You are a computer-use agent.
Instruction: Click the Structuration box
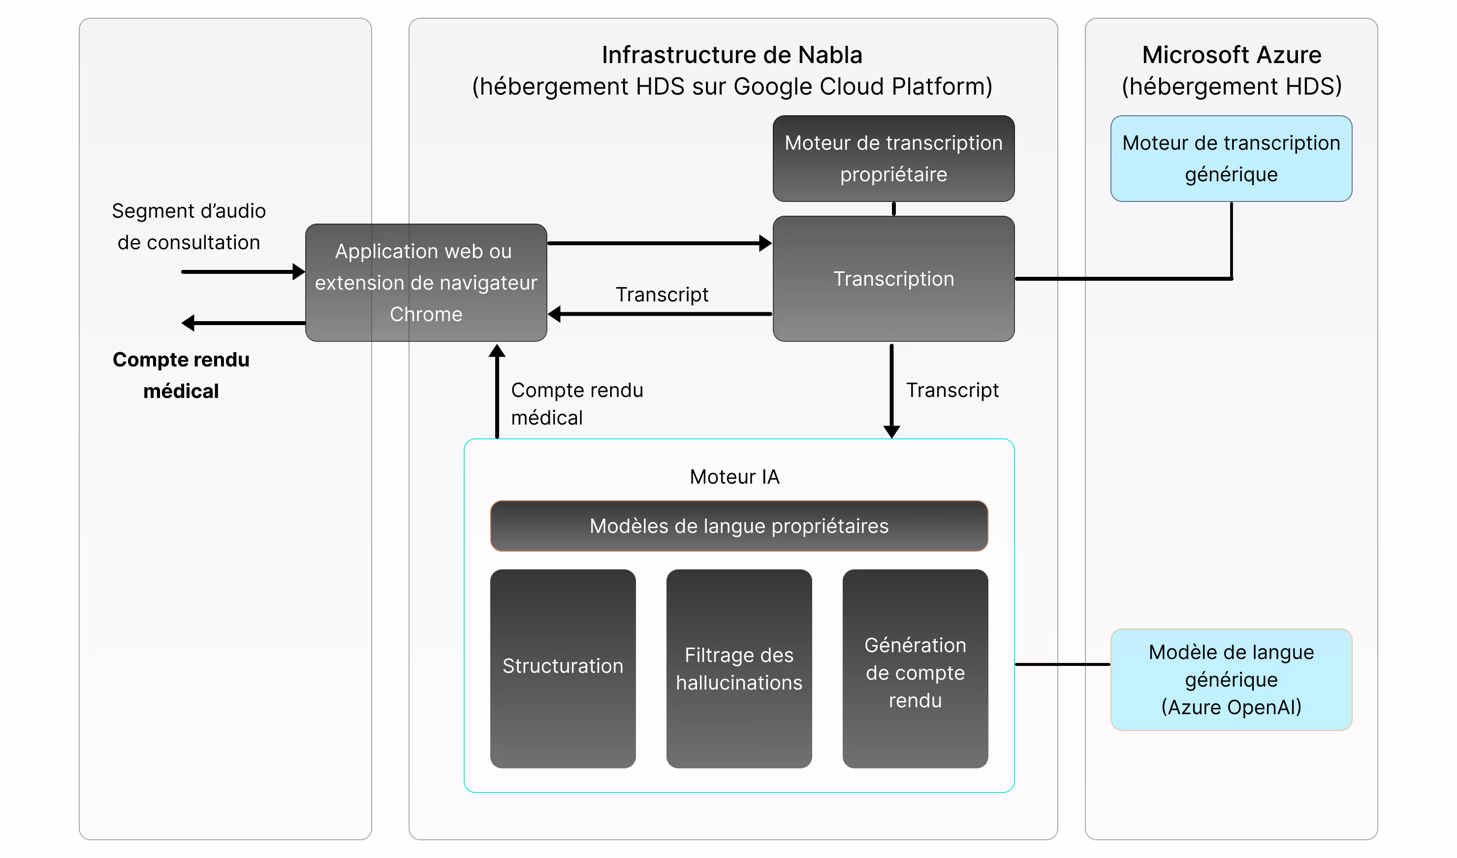pos(563,668)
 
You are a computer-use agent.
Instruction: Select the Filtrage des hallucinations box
pos(739,668)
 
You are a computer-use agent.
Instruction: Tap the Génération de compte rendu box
pos(915,668)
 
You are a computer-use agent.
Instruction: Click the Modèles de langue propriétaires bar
pos(739,526)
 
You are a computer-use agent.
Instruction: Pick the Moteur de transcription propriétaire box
pos(893,159)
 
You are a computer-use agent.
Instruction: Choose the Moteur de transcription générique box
pos(1231,159)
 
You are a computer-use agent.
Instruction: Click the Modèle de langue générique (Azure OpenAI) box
pos(1231,679)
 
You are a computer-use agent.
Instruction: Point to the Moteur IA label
pos(734,477)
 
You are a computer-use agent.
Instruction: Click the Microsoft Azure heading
pos(1232,56)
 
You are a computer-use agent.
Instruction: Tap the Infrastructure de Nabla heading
pos(732,56)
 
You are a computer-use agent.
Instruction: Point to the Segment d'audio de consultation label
pos(189,226)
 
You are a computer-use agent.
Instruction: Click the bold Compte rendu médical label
pos(181,375)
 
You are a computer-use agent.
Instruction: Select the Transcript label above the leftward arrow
pos(662,295)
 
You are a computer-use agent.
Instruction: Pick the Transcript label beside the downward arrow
pos(952,390)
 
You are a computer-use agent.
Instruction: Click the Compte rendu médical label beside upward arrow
pos(576,403)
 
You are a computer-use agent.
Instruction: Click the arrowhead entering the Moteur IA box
pos(891,431)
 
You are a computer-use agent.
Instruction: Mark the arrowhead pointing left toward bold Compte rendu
pos(188,323)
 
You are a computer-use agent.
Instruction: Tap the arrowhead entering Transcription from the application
pos(765,243)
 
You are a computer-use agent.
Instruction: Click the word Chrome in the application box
pos(426,314)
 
